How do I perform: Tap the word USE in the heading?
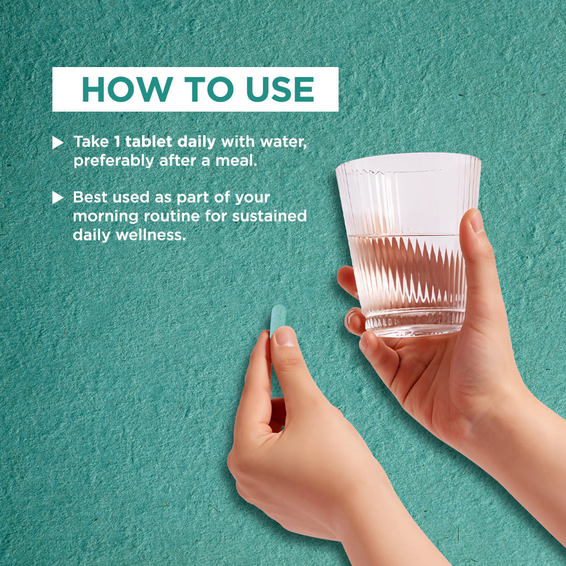(280, 89)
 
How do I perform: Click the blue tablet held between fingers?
(278, 320)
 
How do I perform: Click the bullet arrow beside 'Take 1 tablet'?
(58, 142)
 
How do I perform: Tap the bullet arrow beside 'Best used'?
(58, 198)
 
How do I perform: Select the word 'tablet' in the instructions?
(149, 141)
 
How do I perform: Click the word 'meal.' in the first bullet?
(236, 161)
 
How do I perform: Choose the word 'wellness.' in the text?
(150, 235)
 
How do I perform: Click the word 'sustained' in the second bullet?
(269, 216)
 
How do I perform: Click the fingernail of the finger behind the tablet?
(285, 336)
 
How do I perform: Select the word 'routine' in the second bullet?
(172, 216)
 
